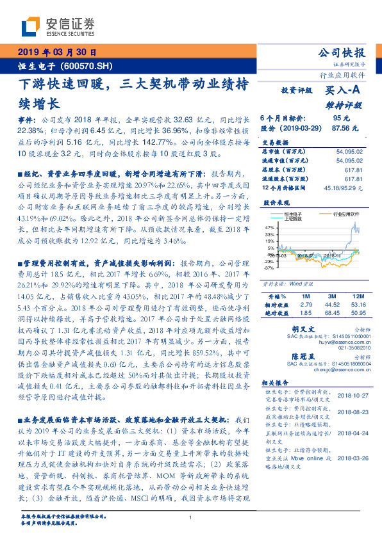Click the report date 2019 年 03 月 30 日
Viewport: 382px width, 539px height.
[56, 52]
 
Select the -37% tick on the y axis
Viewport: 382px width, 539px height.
[268, 269]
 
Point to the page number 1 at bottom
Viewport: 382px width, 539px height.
[191, 517]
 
